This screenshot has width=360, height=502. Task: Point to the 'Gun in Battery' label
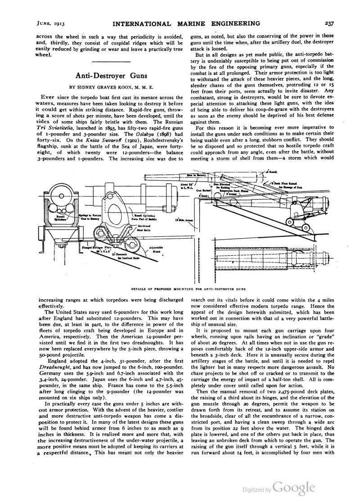209,175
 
